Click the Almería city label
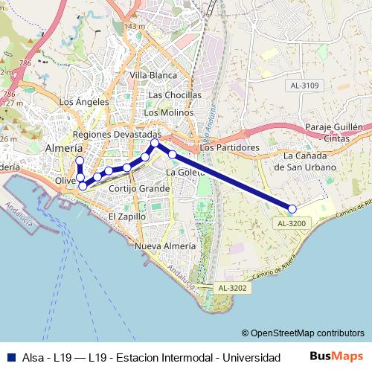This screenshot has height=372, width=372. click(x=64, y=148)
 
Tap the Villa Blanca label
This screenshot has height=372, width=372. click(x=153, y=75)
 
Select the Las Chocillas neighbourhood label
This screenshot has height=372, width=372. click(x=175, y=95)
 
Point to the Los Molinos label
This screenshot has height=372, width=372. click(x=168, y=112)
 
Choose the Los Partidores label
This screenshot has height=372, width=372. click(x=229, y=147)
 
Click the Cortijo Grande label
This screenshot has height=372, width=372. click(x=139, y=188)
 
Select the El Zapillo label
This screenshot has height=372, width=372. click(x=127, y=216)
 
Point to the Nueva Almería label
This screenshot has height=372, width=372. click(x=166, y=246)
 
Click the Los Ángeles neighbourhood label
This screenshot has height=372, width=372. click(x=83, y=102)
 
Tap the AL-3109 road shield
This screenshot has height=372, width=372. click(x=304, y=86)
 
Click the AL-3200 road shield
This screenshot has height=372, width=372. click(x=292, y=222)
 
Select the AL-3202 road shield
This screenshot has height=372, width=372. click(x=232, y=287)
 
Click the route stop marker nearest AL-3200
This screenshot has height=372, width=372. click(x=292, y=209)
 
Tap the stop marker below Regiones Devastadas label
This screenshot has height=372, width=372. click(x=155, y=143)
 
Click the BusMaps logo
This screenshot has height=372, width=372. click(x=336, y=356)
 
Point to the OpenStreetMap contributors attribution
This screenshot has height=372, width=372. click(x=303, y=333)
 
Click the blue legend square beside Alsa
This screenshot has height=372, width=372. click(x=11, y=357)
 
